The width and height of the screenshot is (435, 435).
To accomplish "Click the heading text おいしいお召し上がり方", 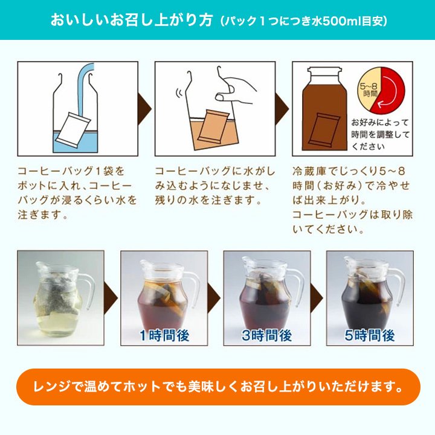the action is [131, 21].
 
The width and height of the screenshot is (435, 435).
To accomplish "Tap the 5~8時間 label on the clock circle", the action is [369, 89].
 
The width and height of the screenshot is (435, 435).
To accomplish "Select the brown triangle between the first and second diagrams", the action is [144, 109].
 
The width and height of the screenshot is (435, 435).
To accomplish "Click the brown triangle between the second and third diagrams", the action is [282, 109].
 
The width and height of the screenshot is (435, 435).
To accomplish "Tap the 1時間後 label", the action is [164, 335].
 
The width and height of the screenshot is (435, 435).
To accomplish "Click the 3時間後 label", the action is [266, 335].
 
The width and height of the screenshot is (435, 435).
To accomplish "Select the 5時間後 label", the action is [370, 335].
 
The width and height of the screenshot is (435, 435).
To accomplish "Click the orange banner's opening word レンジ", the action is [51, 387].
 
